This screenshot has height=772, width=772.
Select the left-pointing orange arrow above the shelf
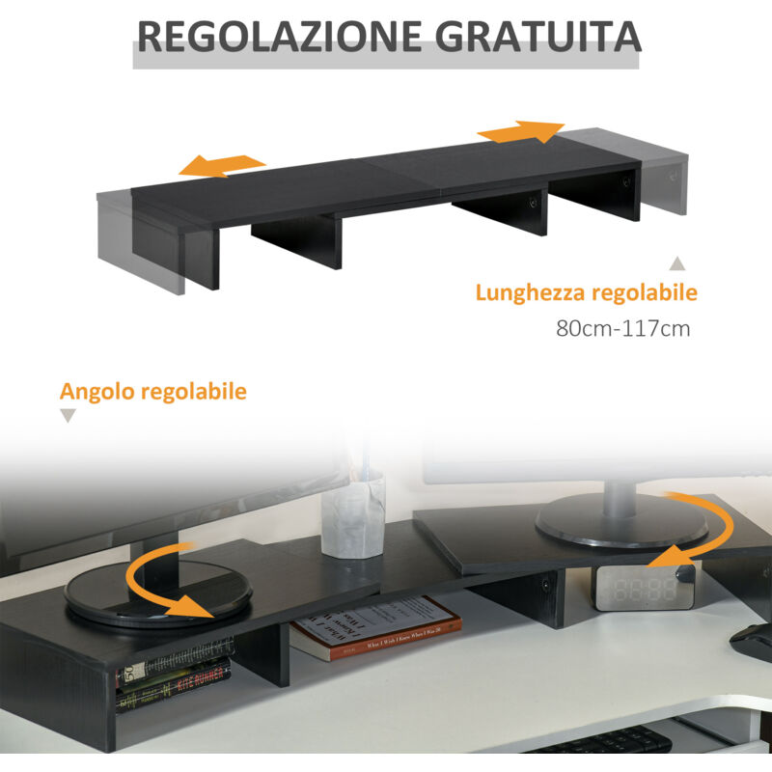pos(223,165)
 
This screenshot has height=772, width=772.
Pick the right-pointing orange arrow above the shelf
pos(522,130)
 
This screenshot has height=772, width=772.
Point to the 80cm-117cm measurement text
pos(623,328)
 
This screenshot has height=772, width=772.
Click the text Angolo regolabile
pos(153,392)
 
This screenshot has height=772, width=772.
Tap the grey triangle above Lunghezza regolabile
pos(677,262)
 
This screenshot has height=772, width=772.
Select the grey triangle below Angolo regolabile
pos(68,416)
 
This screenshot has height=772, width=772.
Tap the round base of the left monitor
pos(158,593)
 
